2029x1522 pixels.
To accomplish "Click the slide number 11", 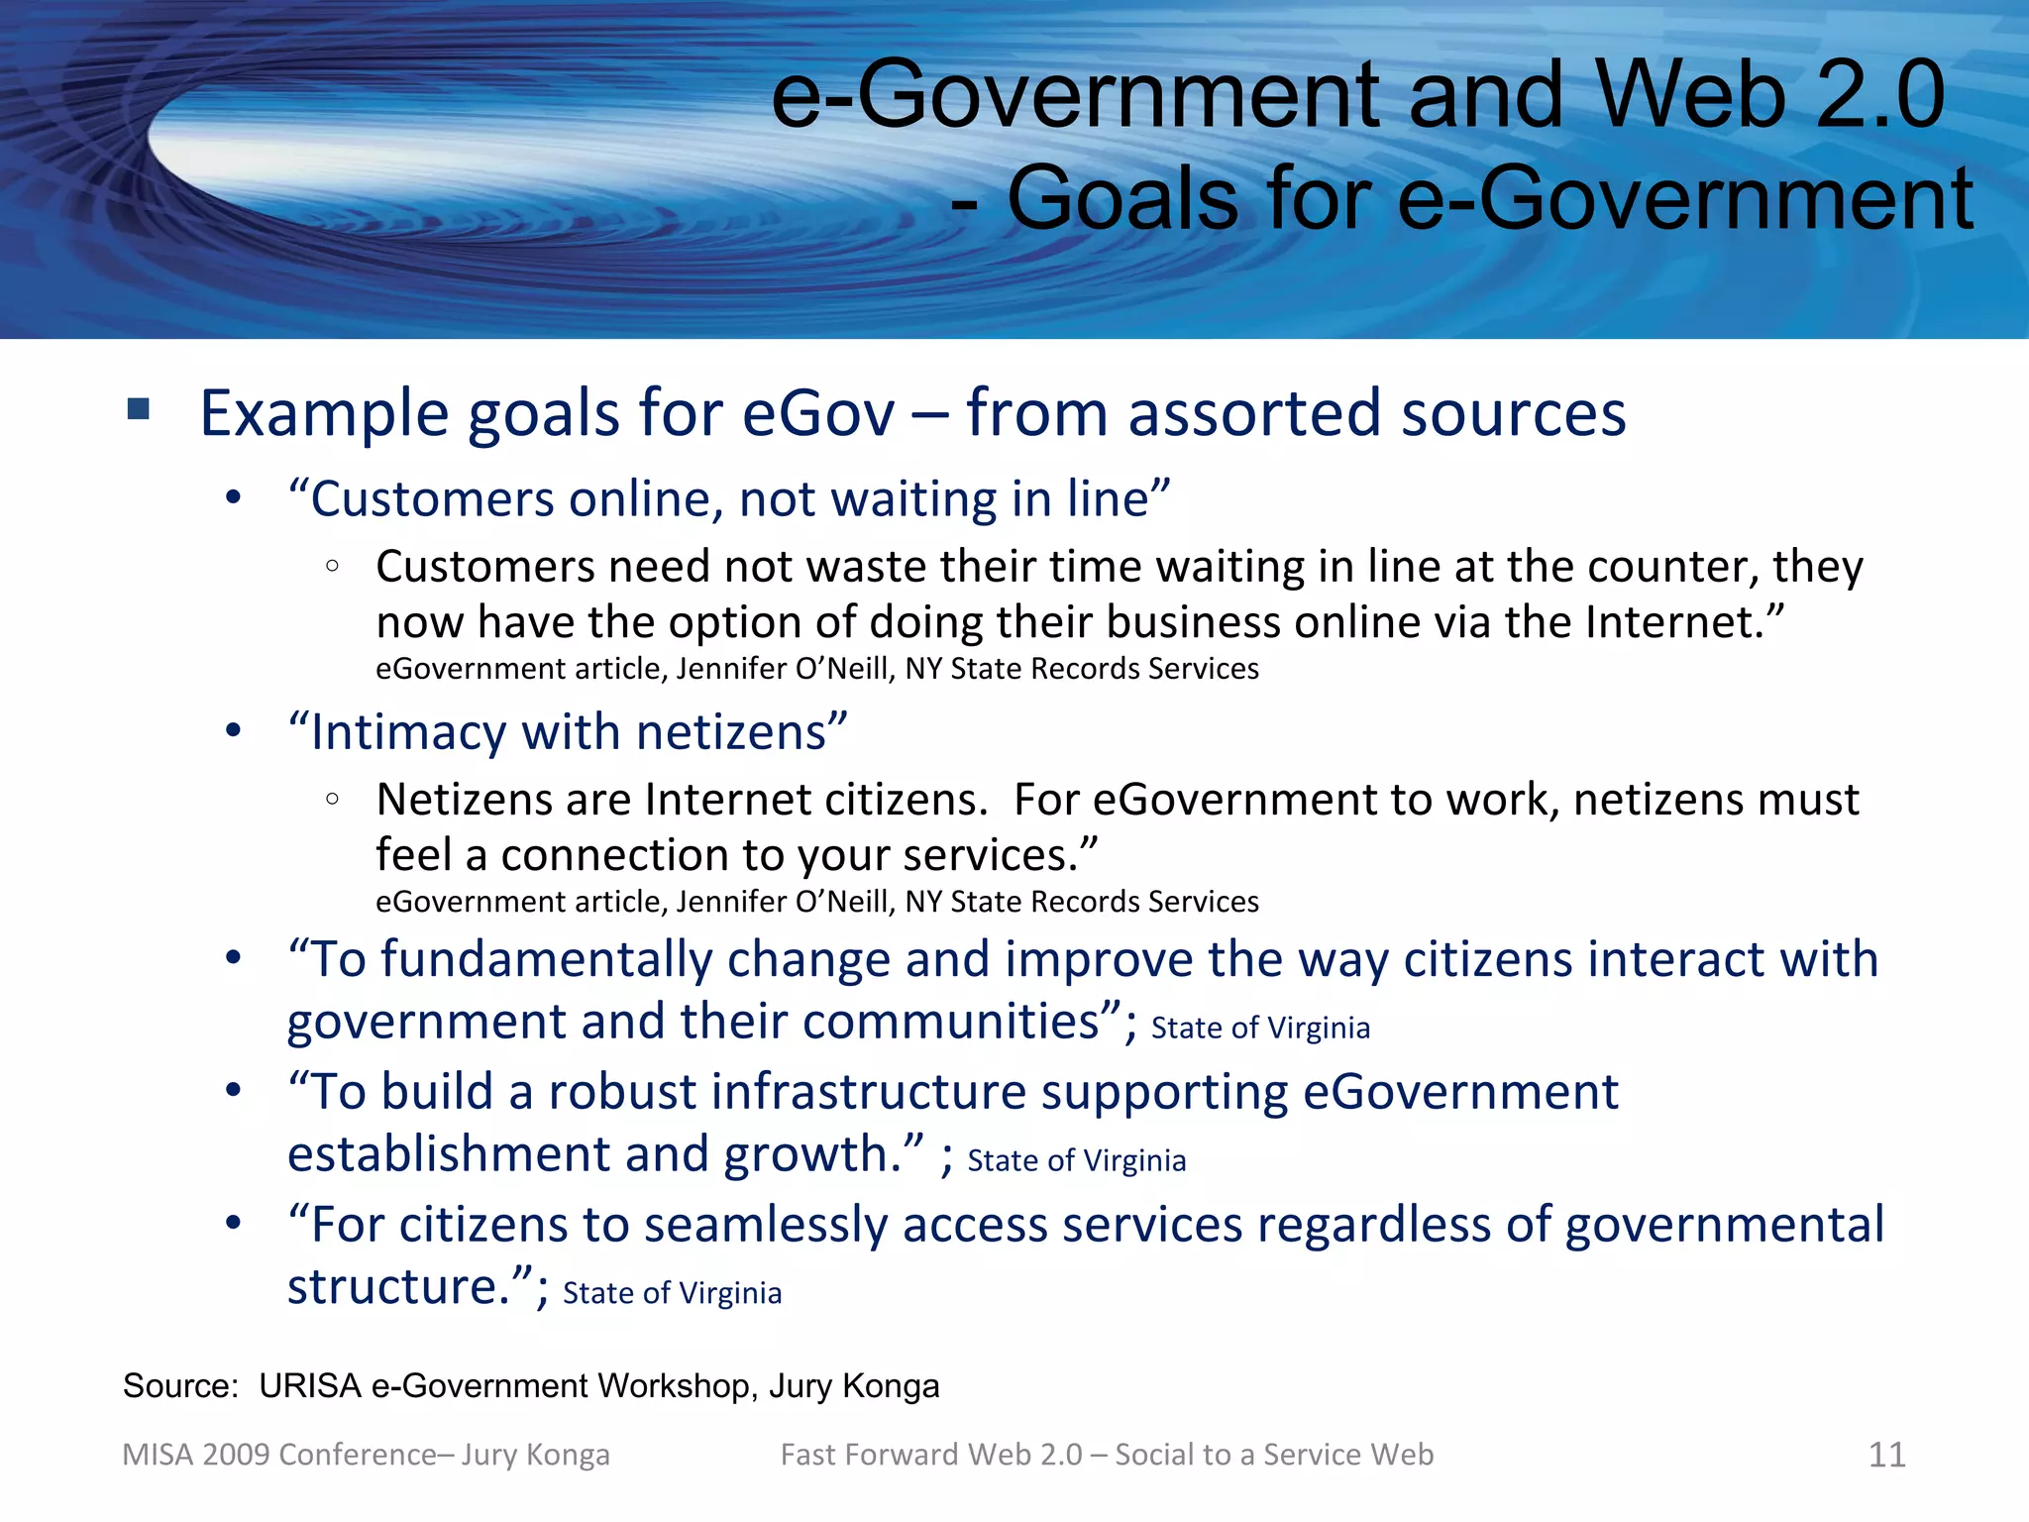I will click(x=1886, y=1455).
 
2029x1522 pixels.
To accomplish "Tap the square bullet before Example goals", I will click(x=139, y=409).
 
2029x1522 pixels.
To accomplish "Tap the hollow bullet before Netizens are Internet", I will click(x=333, y=799).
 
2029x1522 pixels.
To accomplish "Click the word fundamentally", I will click(x=546, y=959).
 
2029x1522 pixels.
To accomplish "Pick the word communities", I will click(x=952, y=1022).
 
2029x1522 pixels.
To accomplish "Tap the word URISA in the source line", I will click(x=310, y=1385).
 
